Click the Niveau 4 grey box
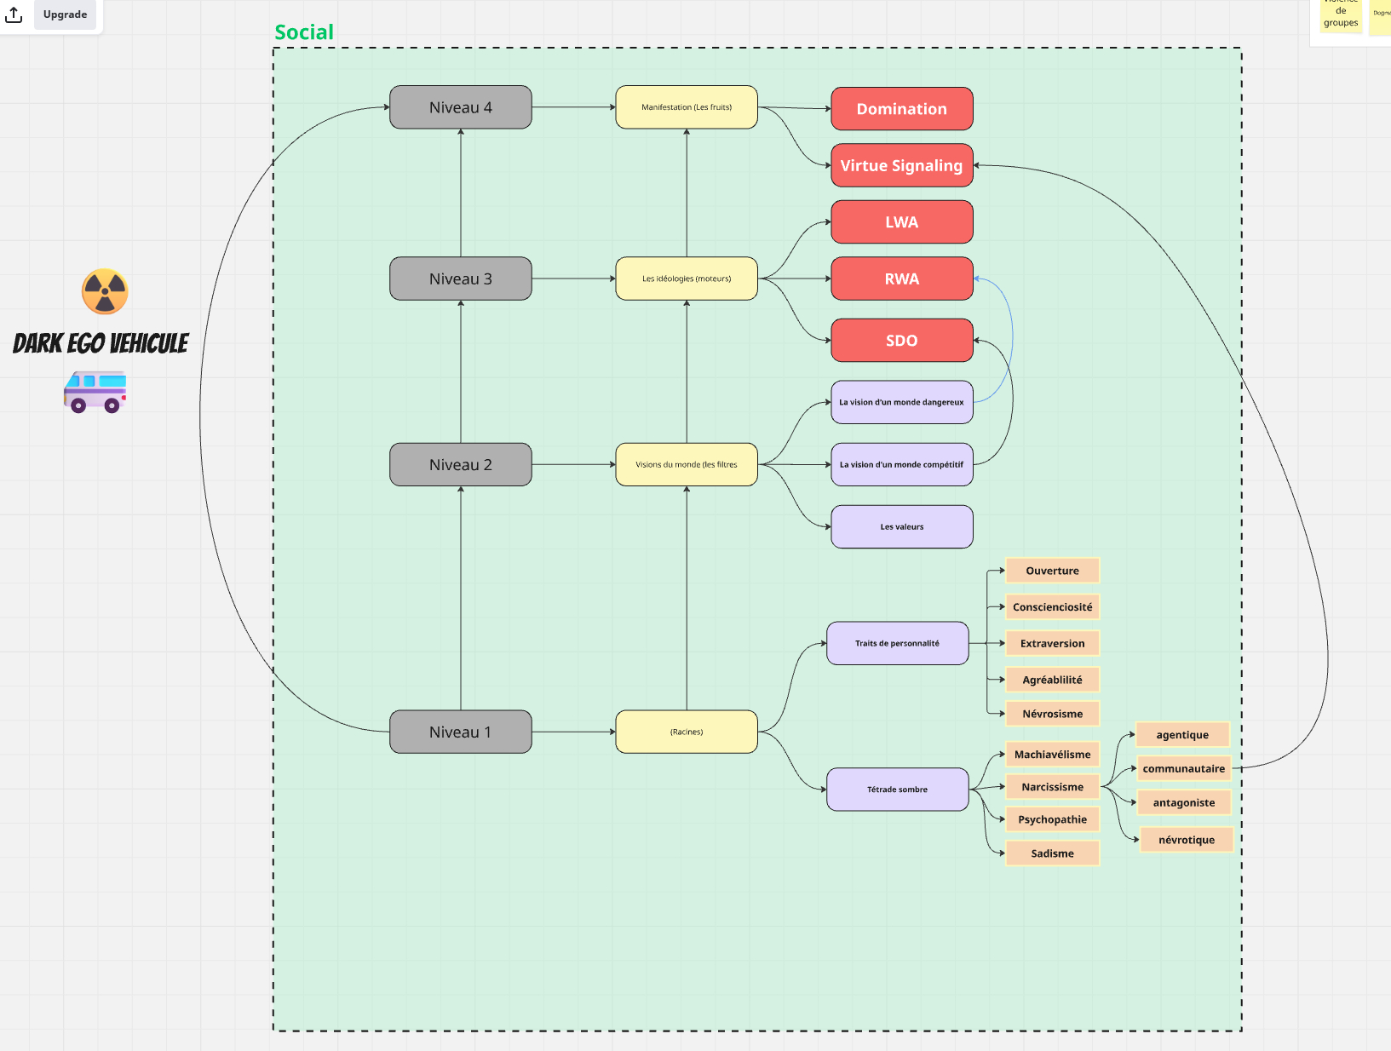point(460,107)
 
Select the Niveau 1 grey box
point(460,732)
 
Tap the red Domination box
point(901,109)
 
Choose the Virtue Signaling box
point(901,165)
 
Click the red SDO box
point(901,341)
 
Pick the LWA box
point(901,222)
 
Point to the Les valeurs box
point(901,526)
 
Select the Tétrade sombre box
point(897,790)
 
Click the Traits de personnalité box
point(897,643)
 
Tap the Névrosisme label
point(1052,714)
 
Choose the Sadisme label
point(1052,853)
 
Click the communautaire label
point(1183,768)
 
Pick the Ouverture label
point(1052,571)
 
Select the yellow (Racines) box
point(686,732)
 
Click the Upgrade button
point(65,14)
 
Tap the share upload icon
point(14,14)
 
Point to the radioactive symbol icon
point(105,292)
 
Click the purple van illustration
point(95,392)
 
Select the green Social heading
point(304,32)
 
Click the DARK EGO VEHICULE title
point(101,343)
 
